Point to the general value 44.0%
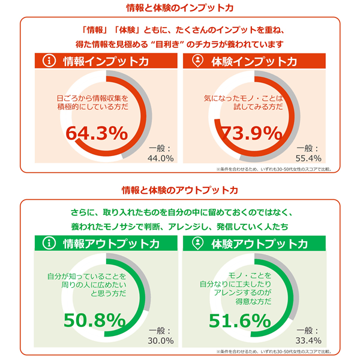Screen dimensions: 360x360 (160, 158)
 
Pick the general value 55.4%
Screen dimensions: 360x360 (310, 158)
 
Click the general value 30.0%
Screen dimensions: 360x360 (160, 340)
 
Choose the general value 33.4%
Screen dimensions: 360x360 (310, 340)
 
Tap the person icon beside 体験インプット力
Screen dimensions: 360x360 (197, 61)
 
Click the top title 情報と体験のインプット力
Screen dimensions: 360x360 (180, 8)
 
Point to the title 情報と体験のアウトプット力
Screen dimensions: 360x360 (180, 190)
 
